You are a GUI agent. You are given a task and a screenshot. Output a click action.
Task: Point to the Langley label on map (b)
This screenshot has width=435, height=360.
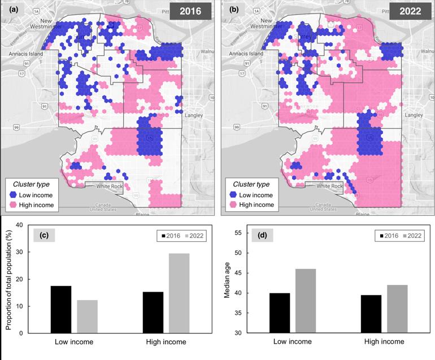click(414, 115)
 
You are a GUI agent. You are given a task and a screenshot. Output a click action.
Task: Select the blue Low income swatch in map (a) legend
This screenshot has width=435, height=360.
click(14, 195)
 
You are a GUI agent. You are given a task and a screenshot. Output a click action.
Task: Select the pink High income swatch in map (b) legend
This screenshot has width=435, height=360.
click(232, 205)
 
